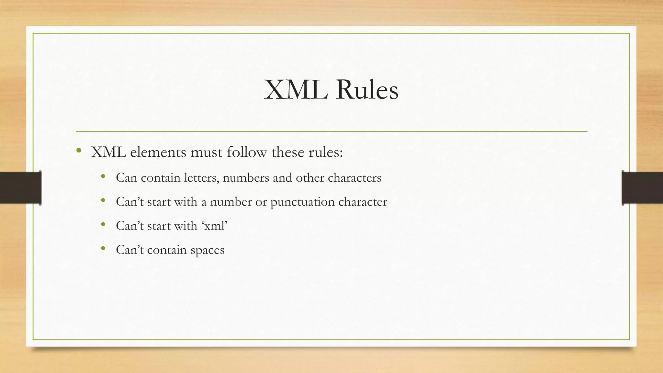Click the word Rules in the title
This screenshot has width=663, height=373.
[x=367, y=90]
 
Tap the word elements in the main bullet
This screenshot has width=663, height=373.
[x=158, y=152]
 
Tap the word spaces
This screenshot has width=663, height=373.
[x=207, y=250]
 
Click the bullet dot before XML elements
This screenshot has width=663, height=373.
[x=79, y=150]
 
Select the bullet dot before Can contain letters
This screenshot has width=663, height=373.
[x=103, y=176]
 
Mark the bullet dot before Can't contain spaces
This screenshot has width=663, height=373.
[x=103, y=248]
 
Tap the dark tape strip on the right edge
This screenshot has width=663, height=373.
[x=642, y=188]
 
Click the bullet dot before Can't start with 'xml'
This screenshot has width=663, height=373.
[x=103, y=224]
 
